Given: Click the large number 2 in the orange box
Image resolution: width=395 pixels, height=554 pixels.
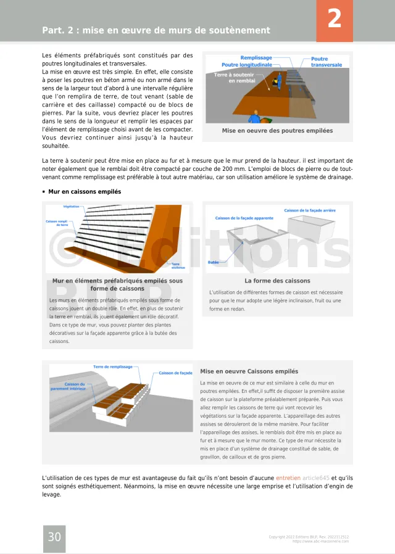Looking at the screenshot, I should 334,19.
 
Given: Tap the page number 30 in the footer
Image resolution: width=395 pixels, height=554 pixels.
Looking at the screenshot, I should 54,537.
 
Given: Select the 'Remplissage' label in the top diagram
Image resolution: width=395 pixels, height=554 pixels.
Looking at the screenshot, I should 256,57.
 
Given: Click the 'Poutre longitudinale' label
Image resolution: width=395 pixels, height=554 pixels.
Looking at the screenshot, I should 246,64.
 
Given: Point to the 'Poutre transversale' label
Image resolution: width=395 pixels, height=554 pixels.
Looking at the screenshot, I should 326,62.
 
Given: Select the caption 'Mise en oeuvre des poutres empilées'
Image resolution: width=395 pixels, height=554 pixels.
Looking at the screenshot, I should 277,131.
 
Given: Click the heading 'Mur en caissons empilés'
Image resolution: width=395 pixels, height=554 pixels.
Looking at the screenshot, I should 85,192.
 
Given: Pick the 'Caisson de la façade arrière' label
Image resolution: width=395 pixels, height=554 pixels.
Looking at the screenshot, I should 310,210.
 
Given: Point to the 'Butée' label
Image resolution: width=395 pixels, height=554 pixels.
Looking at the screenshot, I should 213,262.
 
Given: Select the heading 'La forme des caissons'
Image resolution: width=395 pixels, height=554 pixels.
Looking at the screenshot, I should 277,281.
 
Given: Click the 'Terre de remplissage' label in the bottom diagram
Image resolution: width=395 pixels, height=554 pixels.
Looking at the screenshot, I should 113,366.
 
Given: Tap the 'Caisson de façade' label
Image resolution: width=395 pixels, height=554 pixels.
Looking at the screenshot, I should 175,373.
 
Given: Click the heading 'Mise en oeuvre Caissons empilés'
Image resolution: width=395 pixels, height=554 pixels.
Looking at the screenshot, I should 249,371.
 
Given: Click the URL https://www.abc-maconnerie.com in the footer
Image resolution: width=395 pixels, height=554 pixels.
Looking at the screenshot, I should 320,541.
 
